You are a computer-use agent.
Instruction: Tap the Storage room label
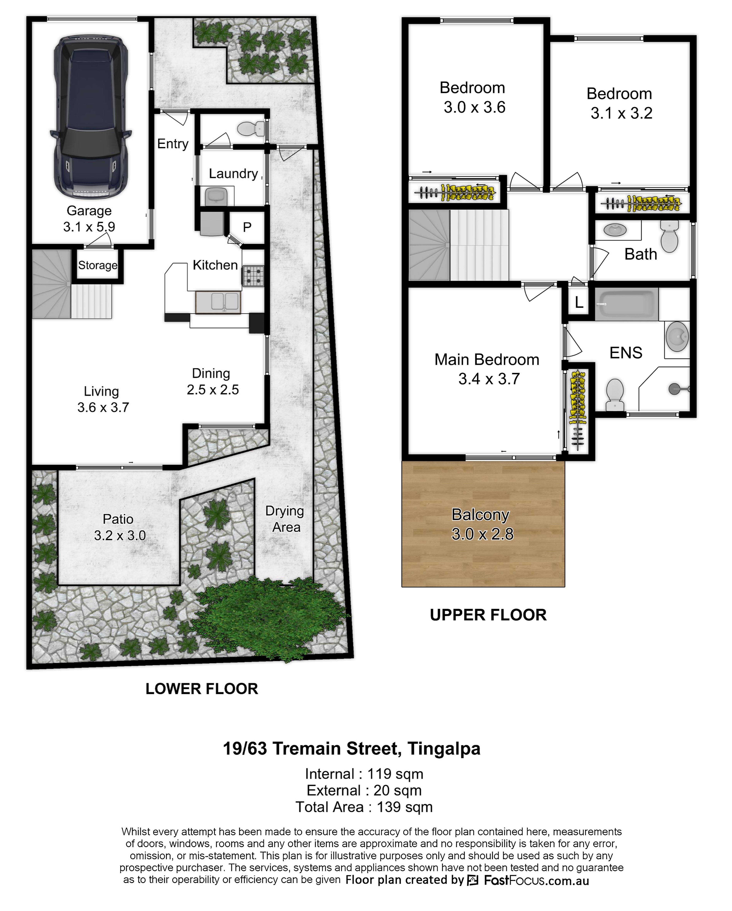coord(98,265)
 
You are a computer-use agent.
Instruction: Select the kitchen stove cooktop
coord(253,275)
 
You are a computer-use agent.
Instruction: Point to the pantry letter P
coord(247,227)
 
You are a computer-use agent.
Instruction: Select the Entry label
coord(173,144)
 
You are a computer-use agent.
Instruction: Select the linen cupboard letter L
coord(579,302)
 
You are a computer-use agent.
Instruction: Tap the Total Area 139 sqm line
coord(364,807)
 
